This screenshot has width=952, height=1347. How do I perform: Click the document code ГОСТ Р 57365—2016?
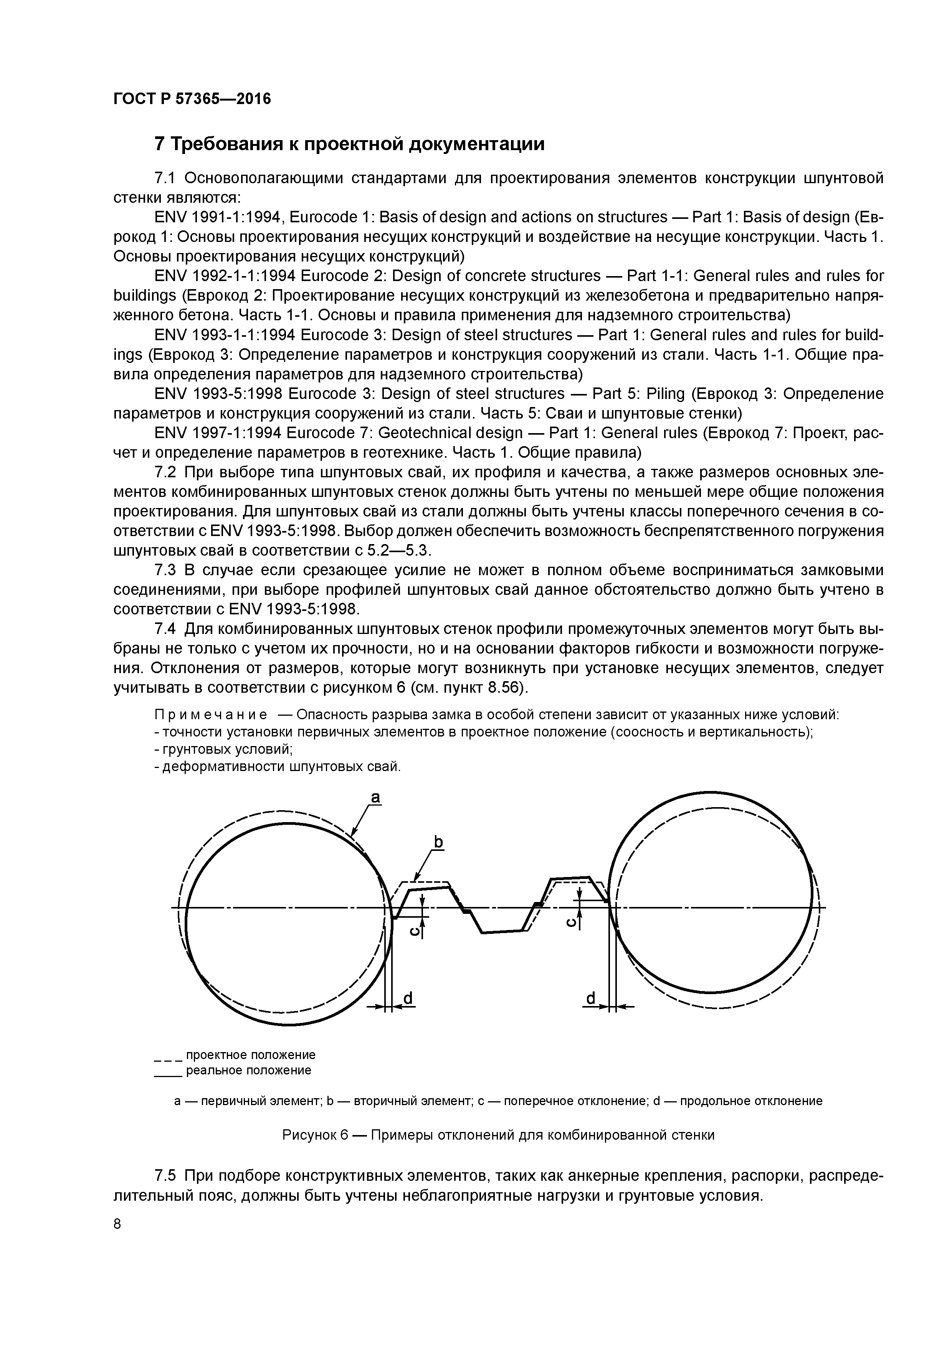[x=192, y=99]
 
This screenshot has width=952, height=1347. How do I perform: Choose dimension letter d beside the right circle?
[x=591, y=998]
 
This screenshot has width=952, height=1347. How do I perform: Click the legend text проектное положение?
[x=250, y=1055]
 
